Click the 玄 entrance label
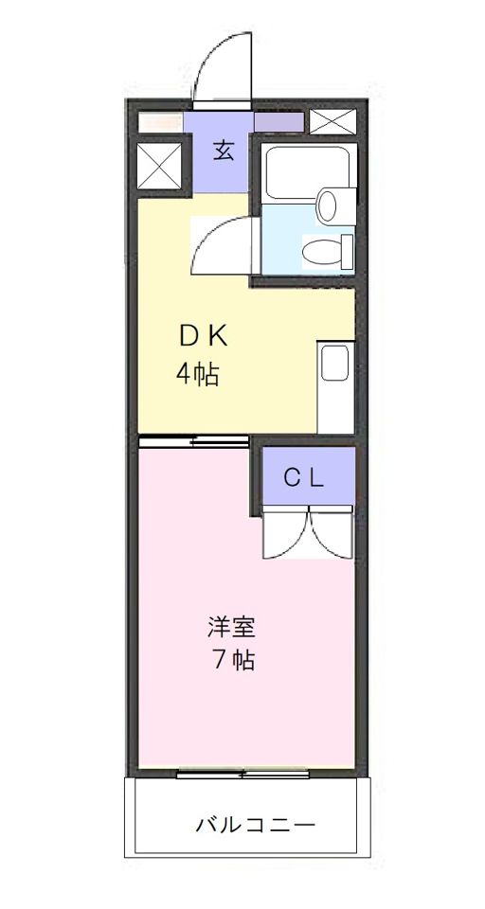(223, 151)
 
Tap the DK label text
(203, 336)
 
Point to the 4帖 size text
(198, 375)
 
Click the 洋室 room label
(232, 627)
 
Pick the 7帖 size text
(232, 660)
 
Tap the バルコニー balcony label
(255, 824)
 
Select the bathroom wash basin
(329, 203)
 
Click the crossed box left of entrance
(159, 167)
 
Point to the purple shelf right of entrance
(278, 122)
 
